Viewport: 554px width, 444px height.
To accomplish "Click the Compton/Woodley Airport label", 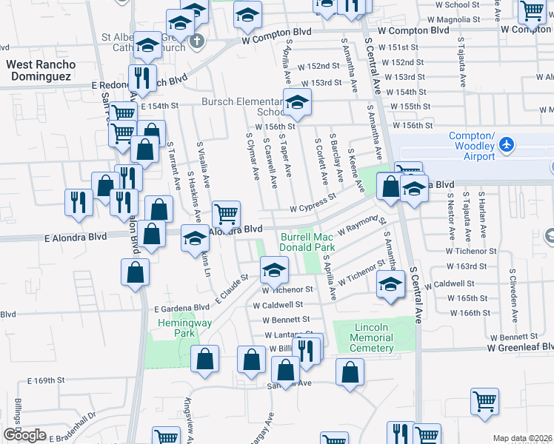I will (x=472, y=146).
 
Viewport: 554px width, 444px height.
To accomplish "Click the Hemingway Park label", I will (x=173, y=329).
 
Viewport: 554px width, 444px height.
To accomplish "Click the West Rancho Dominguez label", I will (x=39, y=70).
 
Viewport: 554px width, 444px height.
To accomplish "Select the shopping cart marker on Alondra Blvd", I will (x=227, y=215).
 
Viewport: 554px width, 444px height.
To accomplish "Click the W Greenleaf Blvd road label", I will (x=519, y=347).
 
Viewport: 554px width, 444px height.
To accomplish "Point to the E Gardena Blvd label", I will (x=181, y=308).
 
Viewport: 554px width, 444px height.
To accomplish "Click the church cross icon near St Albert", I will (x=196, y=39).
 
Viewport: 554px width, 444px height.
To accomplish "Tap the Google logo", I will (x=24, y=435).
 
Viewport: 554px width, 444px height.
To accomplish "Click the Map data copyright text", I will (x=522, y=438).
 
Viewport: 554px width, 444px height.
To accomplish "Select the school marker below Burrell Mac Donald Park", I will (x=273, y=271).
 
